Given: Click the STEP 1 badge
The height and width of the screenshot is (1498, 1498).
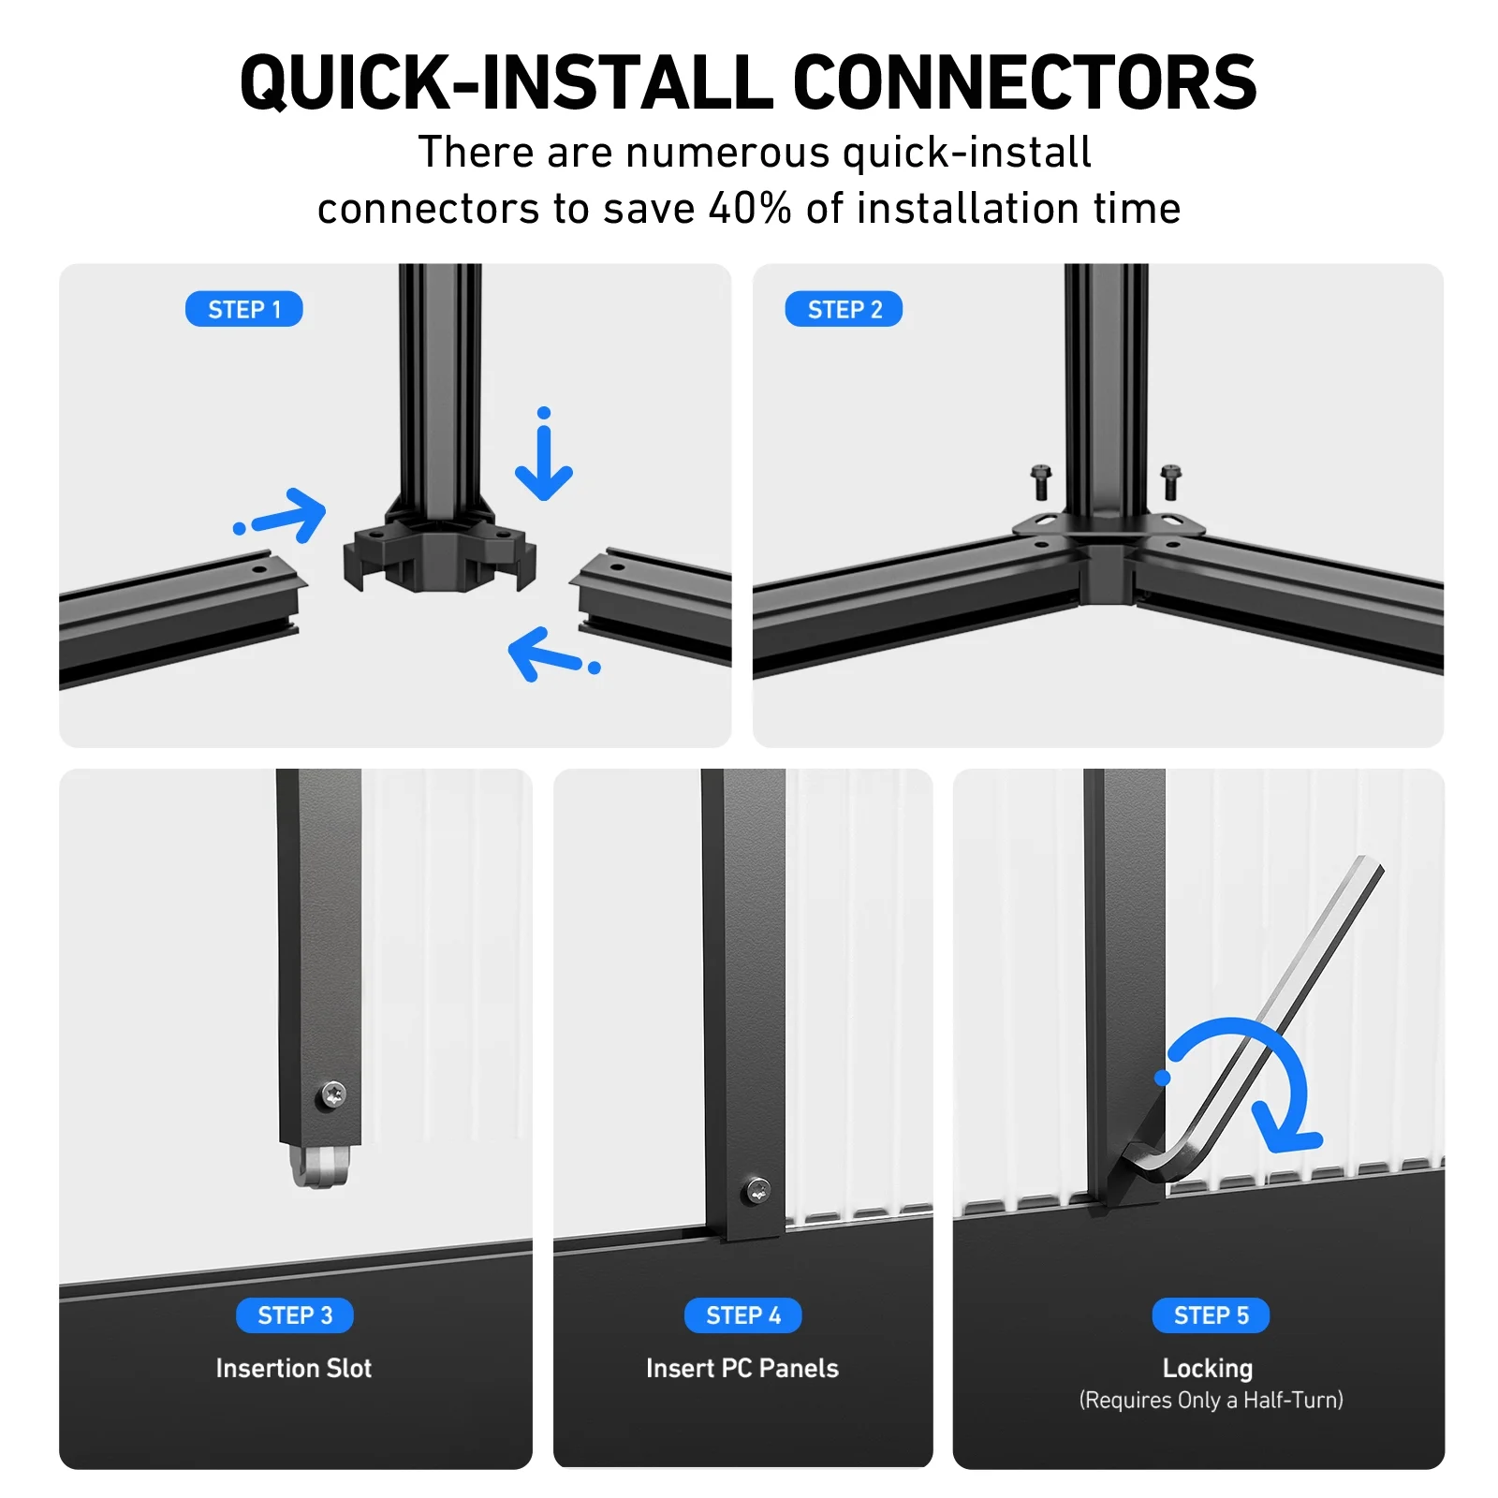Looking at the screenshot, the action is point(243,309).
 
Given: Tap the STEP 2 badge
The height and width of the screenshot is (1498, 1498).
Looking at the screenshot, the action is point(844,309).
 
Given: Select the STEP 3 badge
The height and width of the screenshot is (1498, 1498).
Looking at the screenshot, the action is point(295,1315).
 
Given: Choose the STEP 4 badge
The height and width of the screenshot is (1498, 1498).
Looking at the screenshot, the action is point(743,1315).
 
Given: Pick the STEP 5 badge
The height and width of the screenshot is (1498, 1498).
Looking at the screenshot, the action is point(1211,1315).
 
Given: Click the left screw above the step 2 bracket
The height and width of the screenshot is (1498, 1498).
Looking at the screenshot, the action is point(1040,482).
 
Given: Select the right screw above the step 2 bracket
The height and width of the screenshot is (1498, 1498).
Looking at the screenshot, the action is point(1170,482).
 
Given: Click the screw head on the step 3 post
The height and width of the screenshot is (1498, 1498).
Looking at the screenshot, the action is point(333,1093).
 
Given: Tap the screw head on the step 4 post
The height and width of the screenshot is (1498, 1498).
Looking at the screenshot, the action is point(756,1192).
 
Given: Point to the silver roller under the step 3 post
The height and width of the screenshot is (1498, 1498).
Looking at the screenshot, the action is point(319,1166).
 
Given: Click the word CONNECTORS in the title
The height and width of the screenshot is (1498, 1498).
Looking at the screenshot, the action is point(1024,82).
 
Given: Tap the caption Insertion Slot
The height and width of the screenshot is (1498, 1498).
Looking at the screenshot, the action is point(294,1368).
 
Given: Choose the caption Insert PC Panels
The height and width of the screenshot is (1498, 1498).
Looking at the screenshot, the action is point(742,1368).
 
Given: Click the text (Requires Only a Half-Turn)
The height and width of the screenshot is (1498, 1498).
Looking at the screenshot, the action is point(1211,1400).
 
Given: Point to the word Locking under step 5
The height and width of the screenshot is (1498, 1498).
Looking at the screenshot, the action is point(1208,1369).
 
